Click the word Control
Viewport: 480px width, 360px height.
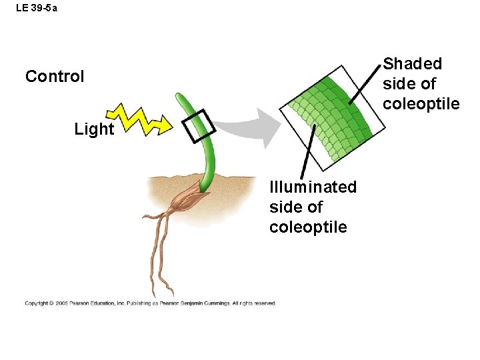click(x=55, y=77)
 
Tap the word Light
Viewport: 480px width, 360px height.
click(x=94, y=129)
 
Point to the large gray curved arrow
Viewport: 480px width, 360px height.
click(x=256, y=127)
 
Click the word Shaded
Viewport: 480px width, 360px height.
click(x=413, y=64)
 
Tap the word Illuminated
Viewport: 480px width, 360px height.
click(x=313, y=187)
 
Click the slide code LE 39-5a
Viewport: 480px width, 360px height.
click(x=37, y=8)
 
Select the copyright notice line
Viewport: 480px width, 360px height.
click(x=150, y=303)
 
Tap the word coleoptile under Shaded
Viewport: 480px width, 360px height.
click(x=421, y=104)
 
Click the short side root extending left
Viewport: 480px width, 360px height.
click(x=150, y=215)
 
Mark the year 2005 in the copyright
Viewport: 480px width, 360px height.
click(x=63, y=303)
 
